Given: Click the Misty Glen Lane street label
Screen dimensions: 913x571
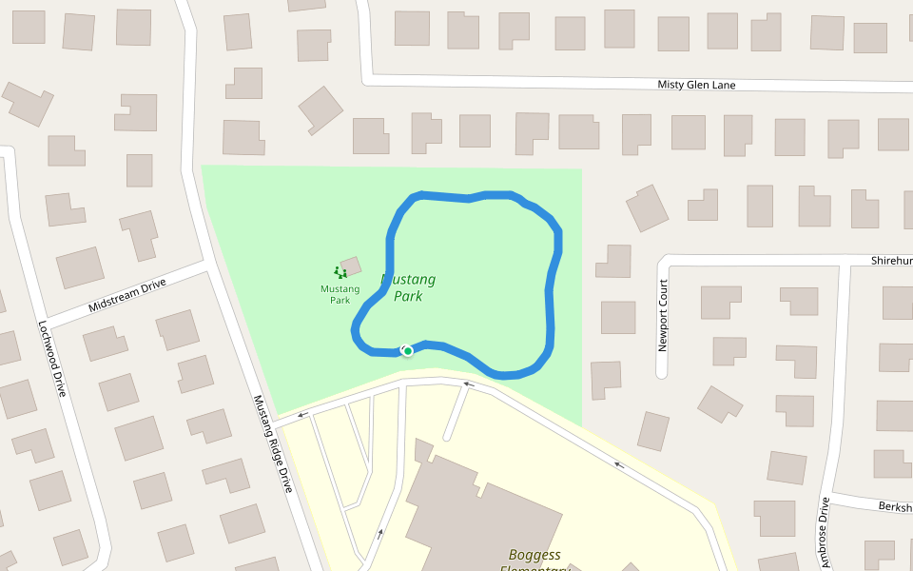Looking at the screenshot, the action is click(x=696, y=85).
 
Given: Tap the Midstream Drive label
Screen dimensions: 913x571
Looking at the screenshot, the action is click(x=126, y=295).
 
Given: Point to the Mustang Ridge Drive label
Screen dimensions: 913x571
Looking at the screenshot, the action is click(x=273, y=443).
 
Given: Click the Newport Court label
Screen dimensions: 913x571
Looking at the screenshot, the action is click(x=663, y=316).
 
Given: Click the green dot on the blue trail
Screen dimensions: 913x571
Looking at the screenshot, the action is click(x=408, y=351).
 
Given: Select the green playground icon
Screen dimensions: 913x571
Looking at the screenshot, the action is click(x=340, y=273).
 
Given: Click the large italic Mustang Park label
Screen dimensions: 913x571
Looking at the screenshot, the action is click(x=408, y=287).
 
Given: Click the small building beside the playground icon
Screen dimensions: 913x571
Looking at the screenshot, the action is click(x=351, y=266).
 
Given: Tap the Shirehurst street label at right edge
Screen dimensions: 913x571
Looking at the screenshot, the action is click(x=891, y=261).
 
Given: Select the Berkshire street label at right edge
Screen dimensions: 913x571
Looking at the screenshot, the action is click(x=895, y=506).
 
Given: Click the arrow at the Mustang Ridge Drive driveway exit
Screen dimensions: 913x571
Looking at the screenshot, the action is click(x=302, y=414).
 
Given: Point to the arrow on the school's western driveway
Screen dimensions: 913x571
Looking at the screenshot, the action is click(x=380, y=533).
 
